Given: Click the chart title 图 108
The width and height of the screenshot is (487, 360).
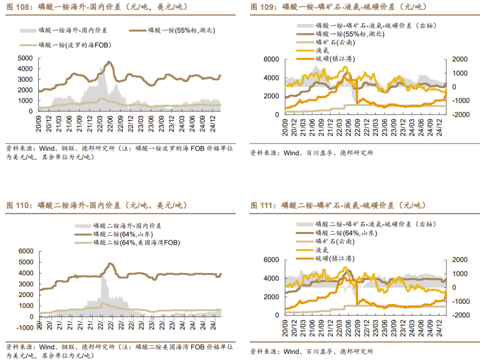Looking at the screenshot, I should [x=97, y=7].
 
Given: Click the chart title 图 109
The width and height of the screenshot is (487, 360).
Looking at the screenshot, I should [x=338, y=7].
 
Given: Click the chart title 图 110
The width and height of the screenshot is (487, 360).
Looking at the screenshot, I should [x=97, y=205].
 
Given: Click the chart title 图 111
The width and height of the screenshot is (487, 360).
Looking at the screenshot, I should [x=338, y=205].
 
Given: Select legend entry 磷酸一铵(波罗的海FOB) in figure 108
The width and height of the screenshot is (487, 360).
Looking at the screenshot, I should [x=75, y=45].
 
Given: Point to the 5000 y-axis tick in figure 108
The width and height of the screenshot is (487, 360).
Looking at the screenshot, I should [x=25, y=58].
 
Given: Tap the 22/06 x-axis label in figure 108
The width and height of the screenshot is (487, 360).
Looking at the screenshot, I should [x=109, y=122].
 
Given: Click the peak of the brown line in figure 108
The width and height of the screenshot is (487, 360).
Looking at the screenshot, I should [x=108, y=62].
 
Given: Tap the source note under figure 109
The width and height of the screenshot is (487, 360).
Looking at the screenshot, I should [x=312, y=153].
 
